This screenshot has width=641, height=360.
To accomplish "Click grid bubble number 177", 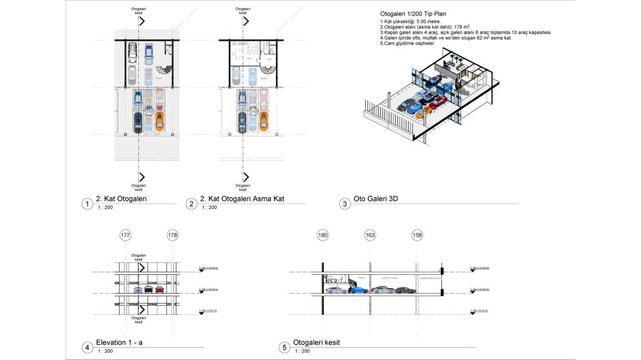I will point(126,235).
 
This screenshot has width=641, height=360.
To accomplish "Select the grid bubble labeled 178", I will point(173,235).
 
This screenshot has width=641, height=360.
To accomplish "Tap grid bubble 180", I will point(323,235).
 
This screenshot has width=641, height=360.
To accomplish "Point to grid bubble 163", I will point(370,235).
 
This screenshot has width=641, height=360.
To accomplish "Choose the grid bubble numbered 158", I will point(418,235).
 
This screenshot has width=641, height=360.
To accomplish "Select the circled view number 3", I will point(345,203).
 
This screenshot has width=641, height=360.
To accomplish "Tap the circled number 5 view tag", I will point(284,347).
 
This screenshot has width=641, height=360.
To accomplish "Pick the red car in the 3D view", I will point(438,101).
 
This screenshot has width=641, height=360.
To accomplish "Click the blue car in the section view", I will point(359,289).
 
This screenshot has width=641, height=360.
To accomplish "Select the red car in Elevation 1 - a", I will point(159,289).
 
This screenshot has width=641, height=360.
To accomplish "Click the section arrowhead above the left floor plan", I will point(142,21).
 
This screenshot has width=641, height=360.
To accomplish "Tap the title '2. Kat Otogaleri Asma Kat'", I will point(242,200).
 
